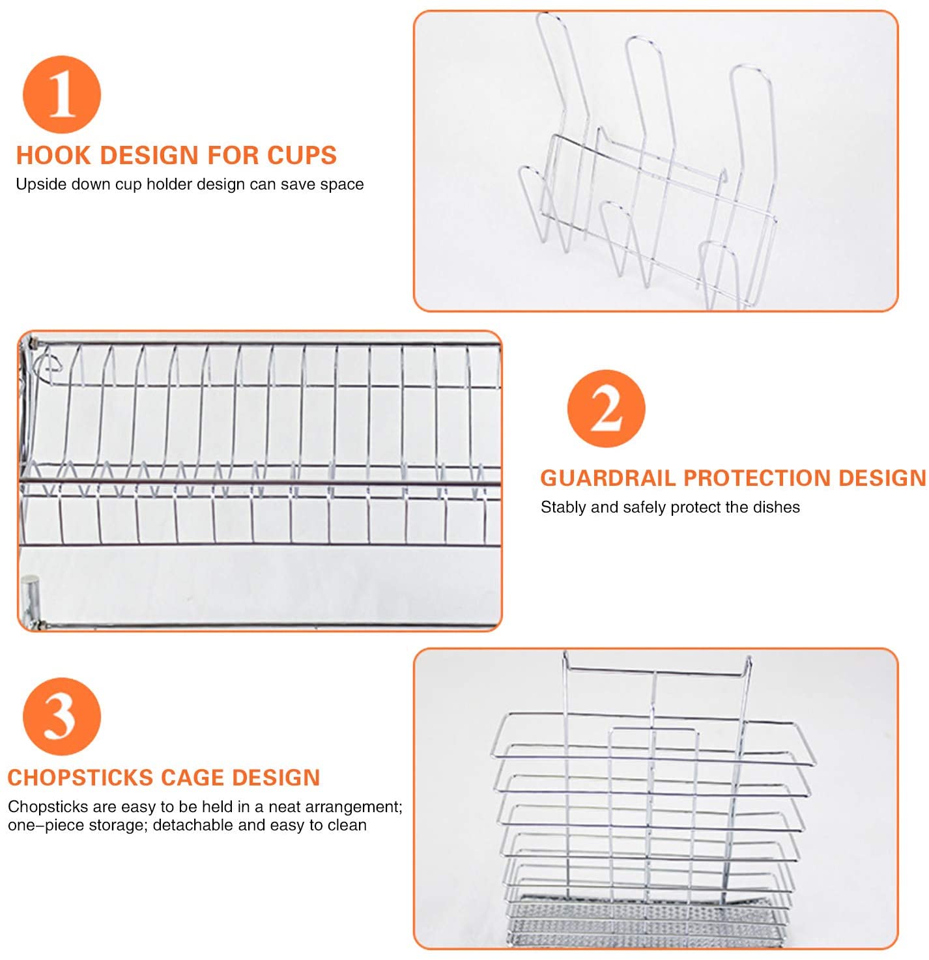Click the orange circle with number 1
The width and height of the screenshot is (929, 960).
click(62, 94)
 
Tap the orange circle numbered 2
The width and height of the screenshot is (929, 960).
click(606, 408)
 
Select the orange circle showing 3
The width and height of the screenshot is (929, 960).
click(62, 716)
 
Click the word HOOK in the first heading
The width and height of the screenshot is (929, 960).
click(54, 156)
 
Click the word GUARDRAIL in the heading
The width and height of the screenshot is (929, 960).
click(608, 478)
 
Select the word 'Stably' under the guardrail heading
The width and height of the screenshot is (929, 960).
click(564, 507)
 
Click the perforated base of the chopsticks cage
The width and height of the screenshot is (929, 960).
click(645, 925)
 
